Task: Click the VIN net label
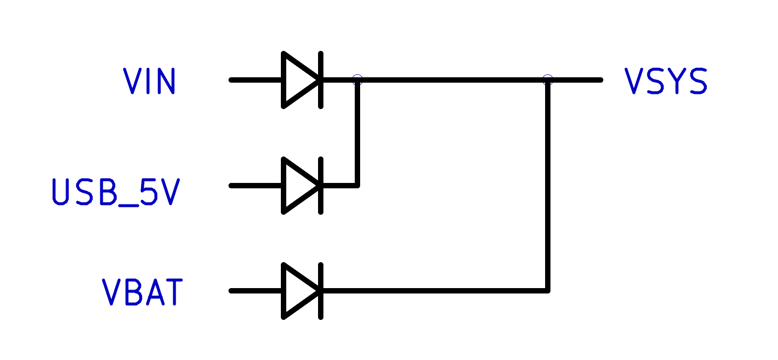tap(149, 81)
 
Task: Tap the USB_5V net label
tap(116, 192)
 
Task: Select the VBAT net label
tap(142, 292)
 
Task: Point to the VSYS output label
tap(666, 81)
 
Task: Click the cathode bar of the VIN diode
tap(320, 80)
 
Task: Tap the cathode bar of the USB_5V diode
tap(320, 186)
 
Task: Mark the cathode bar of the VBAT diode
tap(320, 291)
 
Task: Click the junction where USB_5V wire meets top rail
tap(357, 80)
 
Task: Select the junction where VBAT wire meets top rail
tap(548, 80)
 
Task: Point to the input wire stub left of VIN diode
tap(255, 80)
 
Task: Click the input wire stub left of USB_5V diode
tap(255, 186)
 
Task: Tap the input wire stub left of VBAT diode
tap(255, 291)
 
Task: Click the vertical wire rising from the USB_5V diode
tap(357, 133)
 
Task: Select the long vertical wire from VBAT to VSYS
tap(548, 186)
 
